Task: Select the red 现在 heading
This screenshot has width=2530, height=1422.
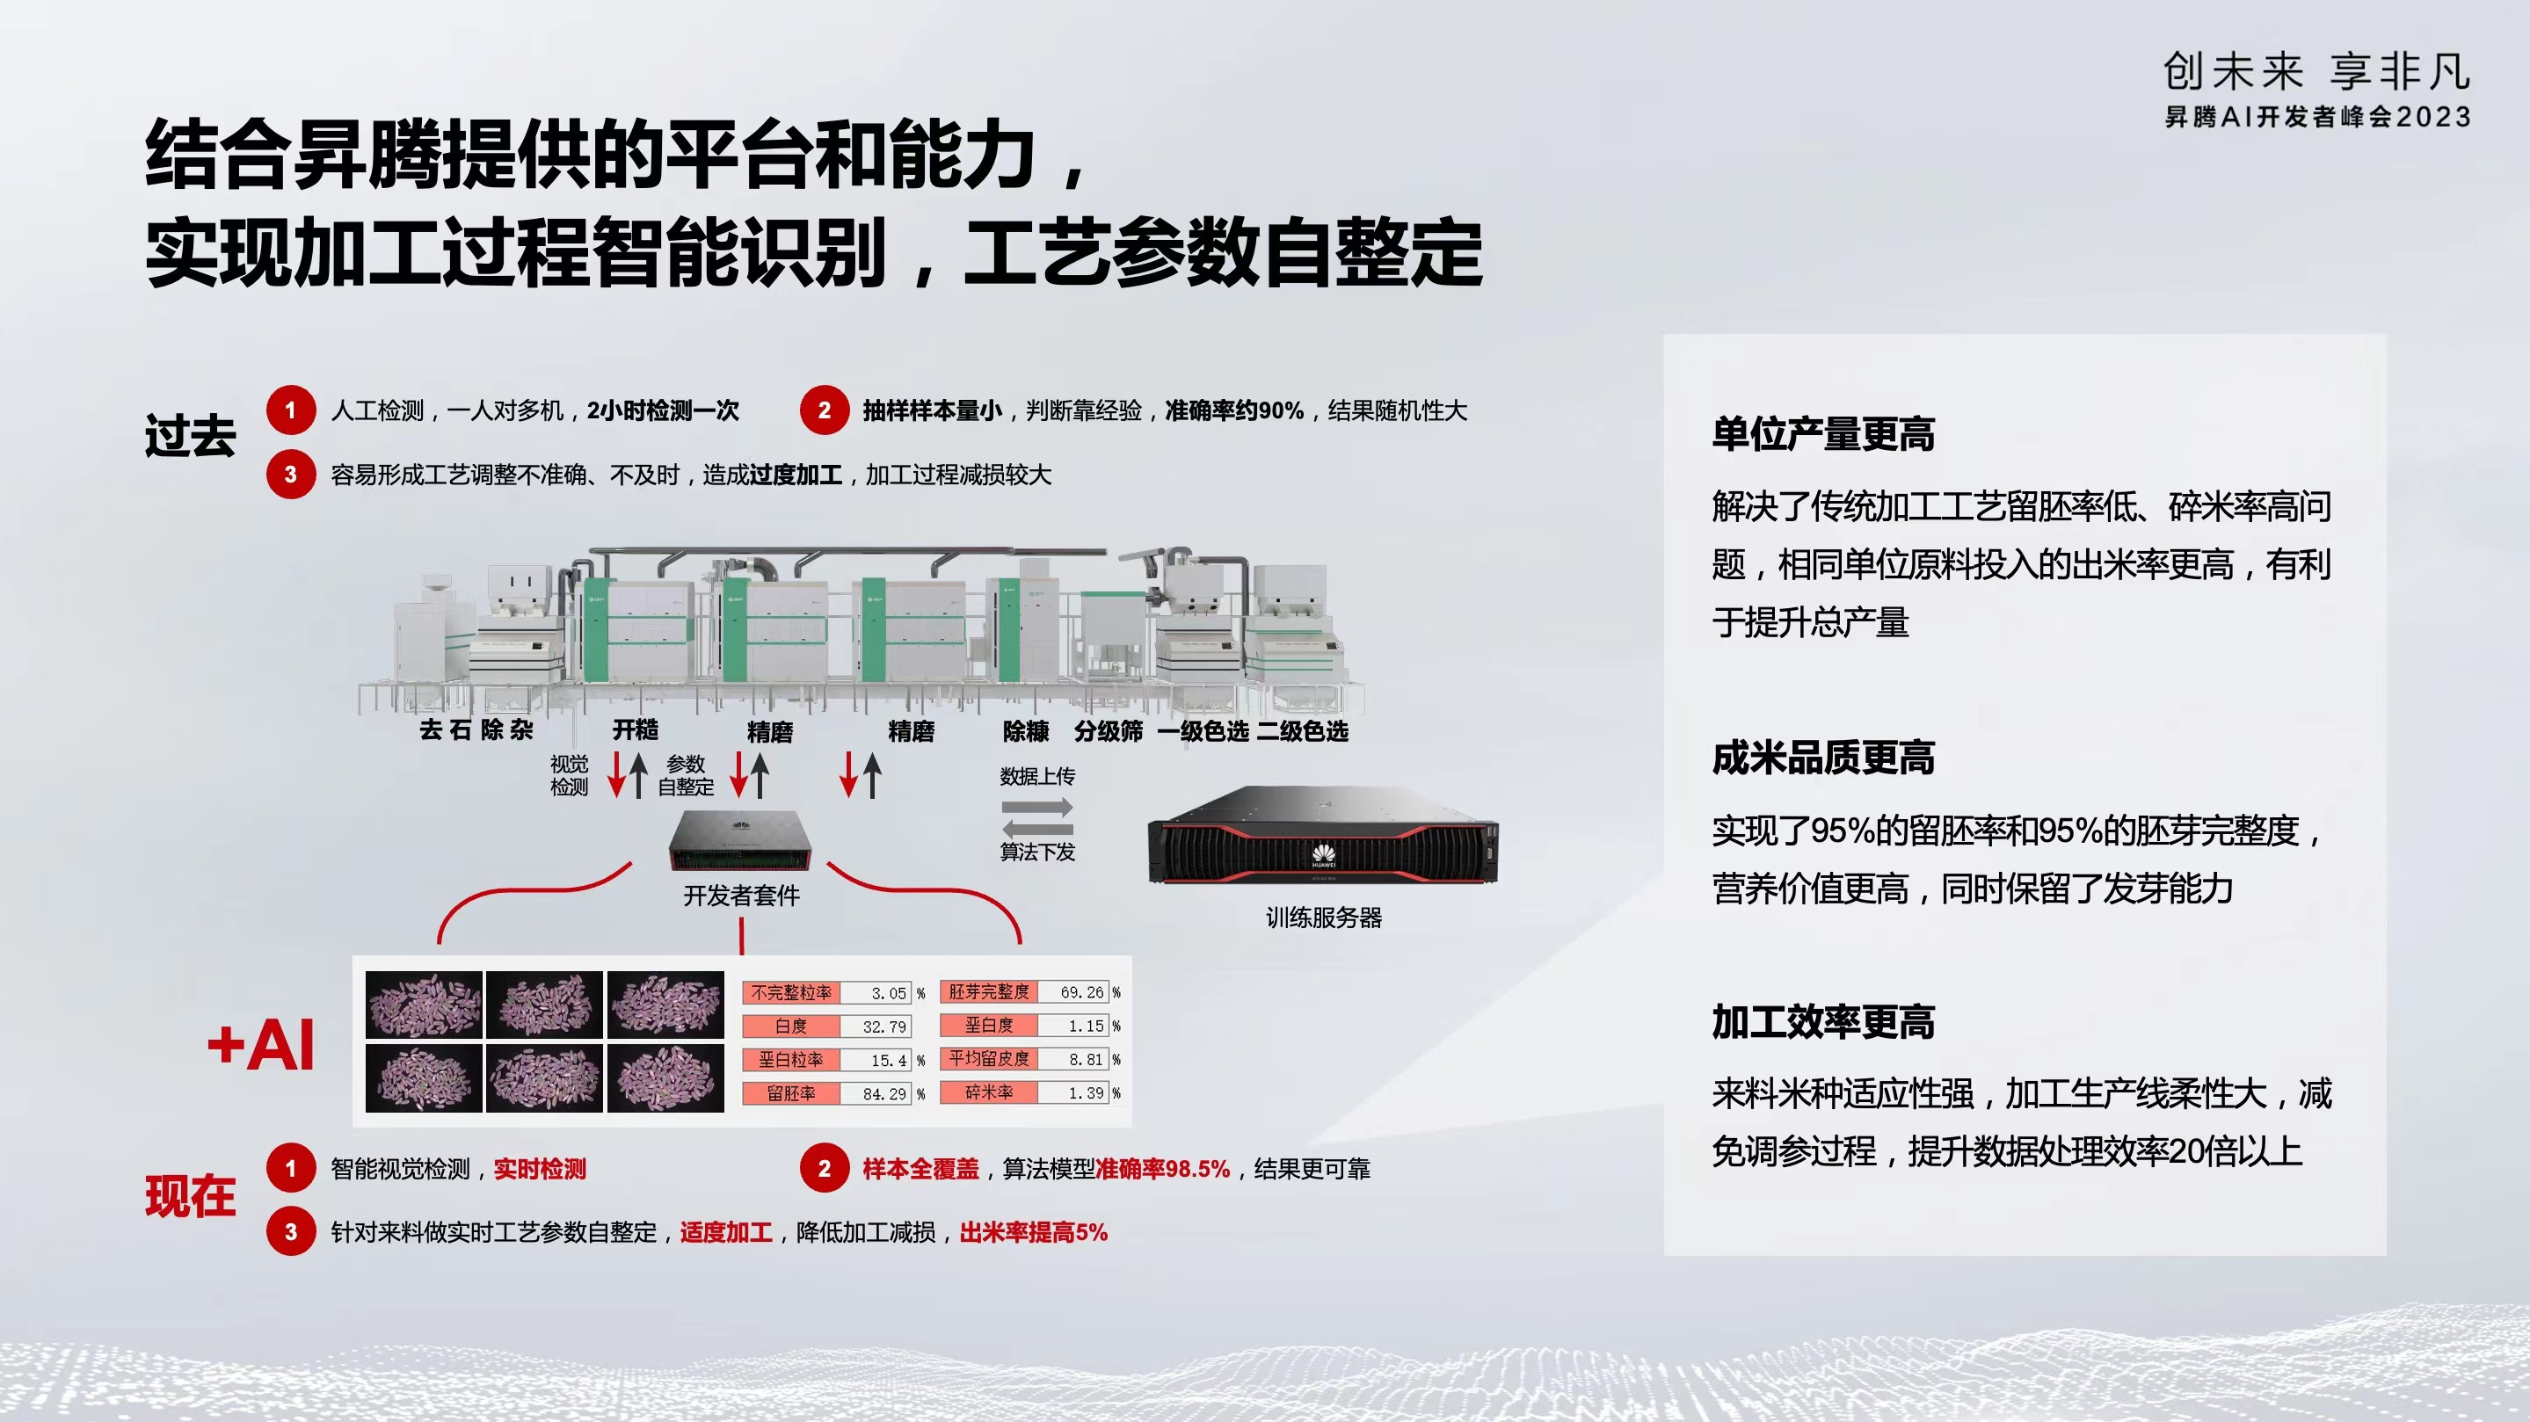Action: (x=191, y=1196)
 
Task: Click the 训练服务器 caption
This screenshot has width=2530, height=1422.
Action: (x=1323, y=918)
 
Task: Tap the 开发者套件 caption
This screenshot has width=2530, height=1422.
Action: (x=742, y=895)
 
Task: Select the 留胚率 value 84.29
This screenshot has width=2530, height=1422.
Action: (x=884, y=1094)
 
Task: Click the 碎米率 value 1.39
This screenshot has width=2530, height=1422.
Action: (x=1087, y=1093)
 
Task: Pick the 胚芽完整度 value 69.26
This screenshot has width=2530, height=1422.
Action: (x=1081, y=993)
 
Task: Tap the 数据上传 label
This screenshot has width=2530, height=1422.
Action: (x=1037, y=776)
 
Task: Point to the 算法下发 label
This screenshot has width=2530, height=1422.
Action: (x=1037, y=852)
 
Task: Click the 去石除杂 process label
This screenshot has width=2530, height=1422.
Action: (x=476, y=729)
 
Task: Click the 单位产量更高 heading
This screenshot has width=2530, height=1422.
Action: (x=1823, y=434)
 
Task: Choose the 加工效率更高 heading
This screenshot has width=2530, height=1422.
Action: (x=1823, y=1021)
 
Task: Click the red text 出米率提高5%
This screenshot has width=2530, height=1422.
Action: (x=1033, y=1232)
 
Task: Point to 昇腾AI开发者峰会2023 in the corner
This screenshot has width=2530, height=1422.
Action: (x=2318, y=117)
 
